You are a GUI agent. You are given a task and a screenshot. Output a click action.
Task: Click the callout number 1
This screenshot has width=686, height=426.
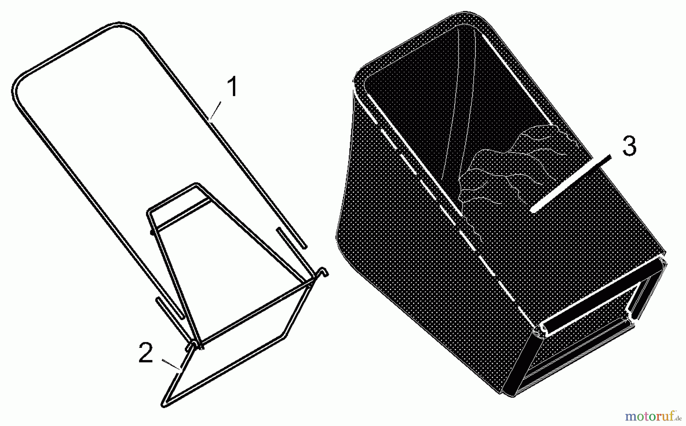coord(233,86)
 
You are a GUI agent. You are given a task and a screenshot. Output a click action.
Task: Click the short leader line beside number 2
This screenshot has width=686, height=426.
coord(171,364)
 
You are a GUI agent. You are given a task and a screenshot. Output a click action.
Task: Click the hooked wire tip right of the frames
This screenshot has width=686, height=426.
coord(324,272)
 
